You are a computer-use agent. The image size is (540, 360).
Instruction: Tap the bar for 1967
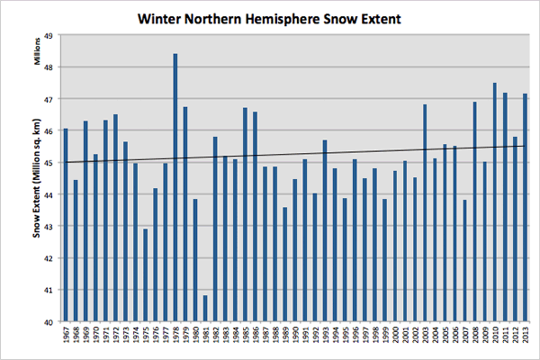(x=66, y=225)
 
